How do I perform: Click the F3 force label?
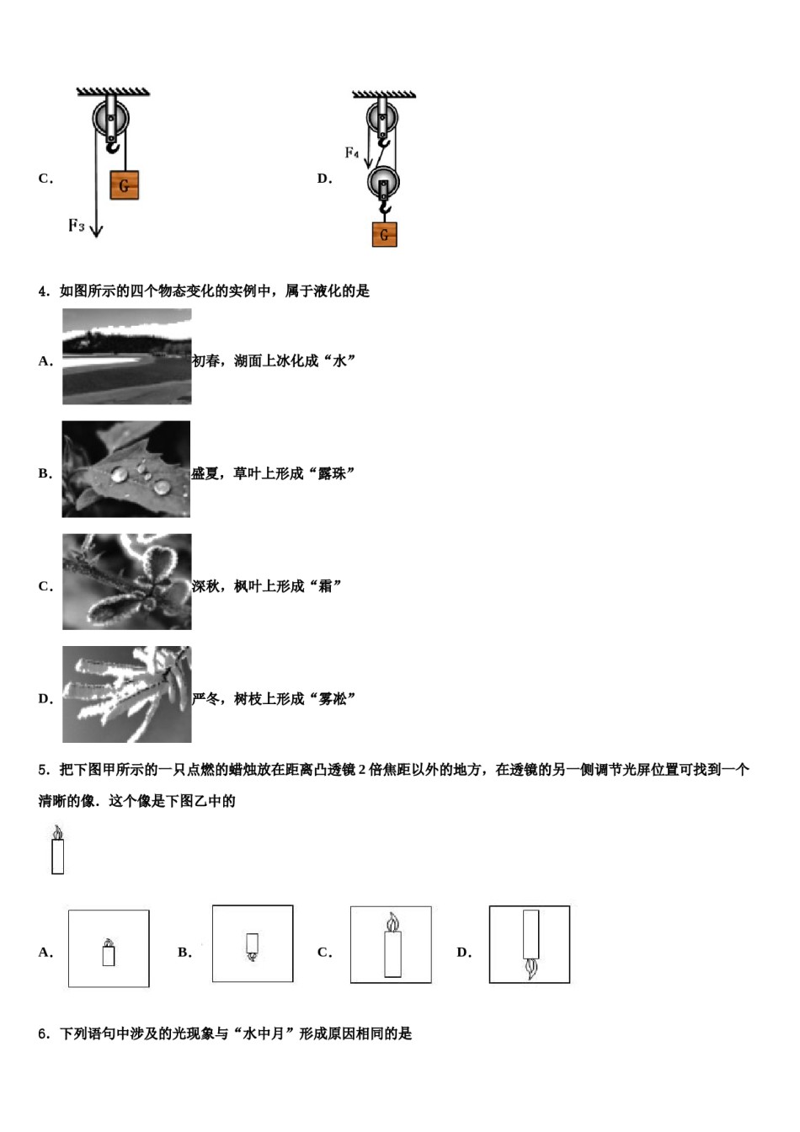tap(77, 225)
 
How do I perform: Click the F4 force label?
tap(352, 152)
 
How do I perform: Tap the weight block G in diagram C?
tap(124, 184)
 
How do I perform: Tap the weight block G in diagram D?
tap(384, 234)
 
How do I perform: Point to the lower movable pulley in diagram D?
tap(383, 182)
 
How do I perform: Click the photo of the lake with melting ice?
tap(126, 356)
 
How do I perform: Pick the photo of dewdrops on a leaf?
tap(126, 469)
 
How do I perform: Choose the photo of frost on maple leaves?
tap(126, 582)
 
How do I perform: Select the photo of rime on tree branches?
tap(126, 694)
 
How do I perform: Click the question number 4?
tap(42, 291)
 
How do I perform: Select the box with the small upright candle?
tap(109, 948)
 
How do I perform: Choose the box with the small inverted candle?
tap(253, 944)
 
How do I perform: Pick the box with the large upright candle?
tap(391, 945)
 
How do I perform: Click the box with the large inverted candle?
tap(530, 944)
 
